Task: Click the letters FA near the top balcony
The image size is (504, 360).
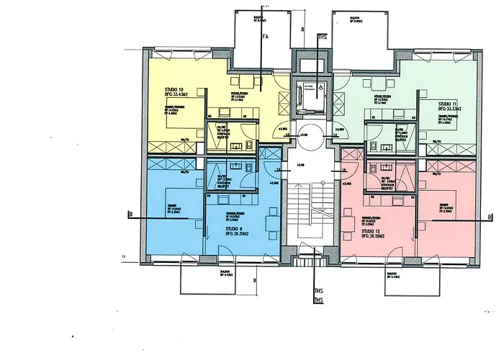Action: click(265, 35)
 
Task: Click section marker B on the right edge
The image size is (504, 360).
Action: click(489, 217)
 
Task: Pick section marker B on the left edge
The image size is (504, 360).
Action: click(128, 213)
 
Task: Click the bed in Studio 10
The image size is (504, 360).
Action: click(181, 115)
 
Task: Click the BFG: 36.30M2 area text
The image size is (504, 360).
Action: click(220, 235)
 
